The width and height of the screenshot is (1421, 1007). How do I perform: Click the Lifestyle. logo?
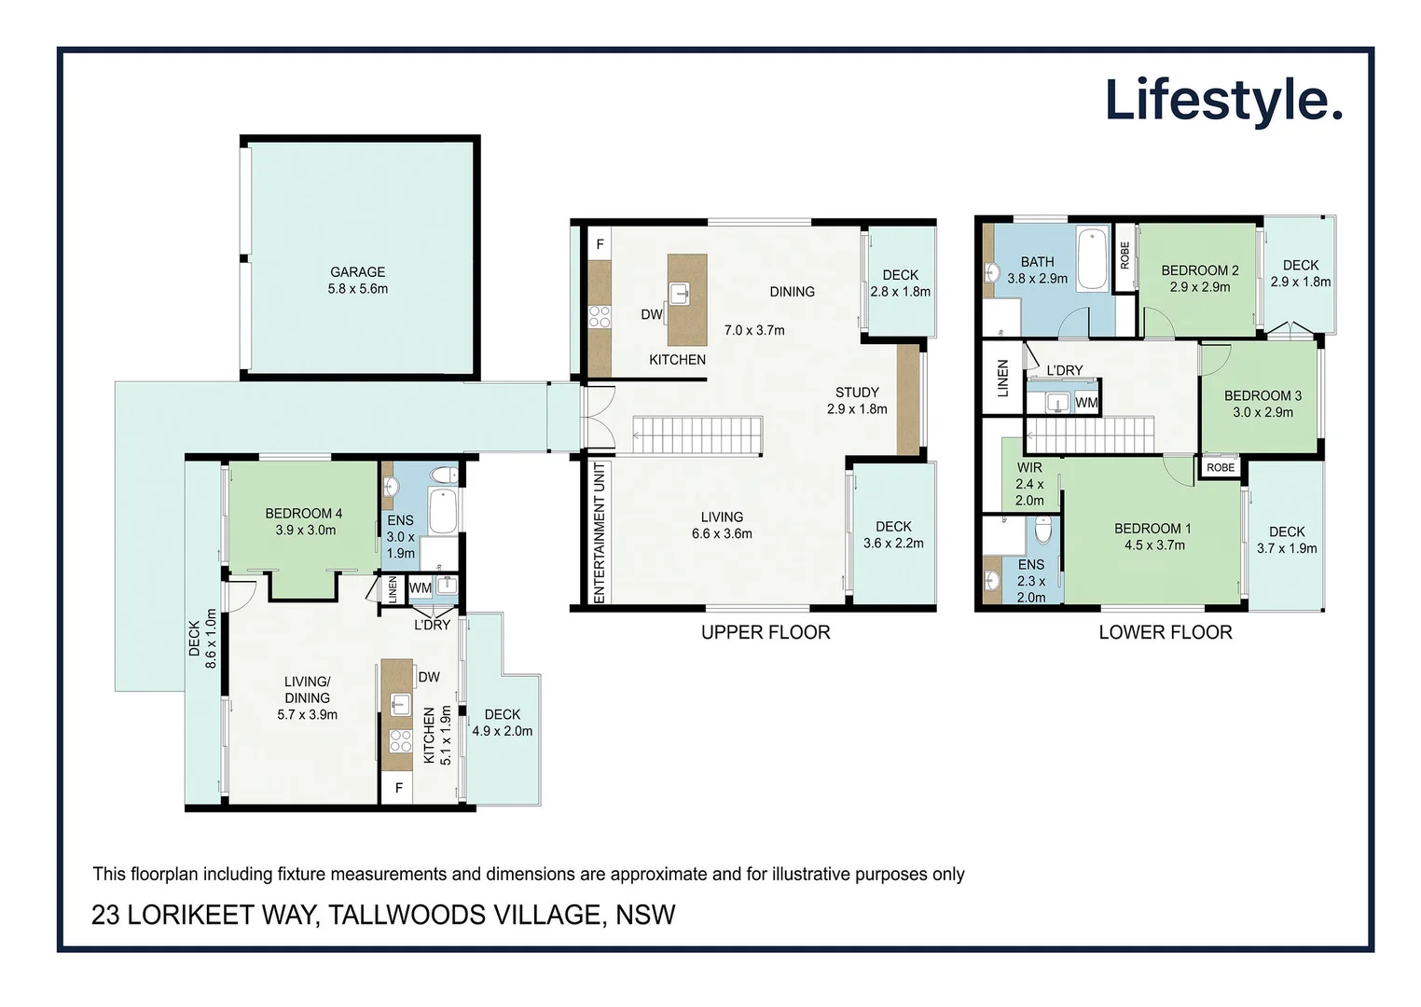tap(1222, 101)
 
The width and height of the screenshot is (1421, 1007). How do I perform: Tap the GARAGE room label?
tap(357, 272)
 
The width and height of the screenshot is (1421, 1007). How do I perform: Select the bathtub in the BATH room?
tap(1092, 258)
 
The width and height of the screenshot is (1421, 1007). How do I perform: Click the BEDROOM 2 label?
tap(1199, 270)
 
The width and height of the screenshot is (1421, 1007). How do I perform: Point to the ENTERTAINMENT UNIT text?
tap(600, 532)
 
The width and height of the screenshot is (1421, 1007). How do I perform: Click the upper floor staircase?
tap(697, 435)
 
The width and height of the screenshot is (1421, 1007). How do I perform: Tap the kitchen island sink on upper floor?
tap(681, 293)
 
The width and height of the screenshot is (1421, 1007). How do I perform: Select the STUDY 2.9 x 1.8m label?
tap(856, 401)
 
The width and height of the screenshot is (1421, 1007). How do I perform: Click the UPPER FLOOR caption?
tap(765, 632)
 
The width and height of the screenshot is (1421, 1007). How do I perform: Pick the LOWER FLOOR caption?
tap(1165, 632)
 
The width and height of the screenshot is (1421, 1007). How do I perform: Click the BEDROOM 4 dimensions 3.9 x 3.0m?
tap(305, 531)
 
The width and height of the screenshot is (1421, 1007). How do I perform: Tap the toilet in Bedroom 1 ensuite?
tap(1043, 530)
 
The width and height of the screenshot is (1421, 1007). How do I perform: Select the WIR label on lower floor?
tap(1029, 467)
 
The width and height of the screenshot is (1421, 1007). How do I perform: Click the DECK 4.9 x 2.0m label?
tap(502, 723)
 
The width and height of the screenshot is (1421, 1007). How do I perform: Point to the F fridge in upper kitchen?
tap(600, 244)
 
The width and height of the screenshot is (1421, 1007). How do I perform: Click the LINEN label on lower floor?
tap(1003, 378)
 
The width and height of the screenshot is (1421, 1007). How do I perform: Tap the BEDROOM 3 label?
tap(1262, 395)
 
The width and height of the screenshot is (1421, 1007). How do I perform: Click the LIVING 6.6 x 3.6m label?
tap(722, 525)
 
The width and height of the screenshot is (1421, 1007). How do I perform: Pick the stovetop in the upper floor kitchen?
tap(600, 316)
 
